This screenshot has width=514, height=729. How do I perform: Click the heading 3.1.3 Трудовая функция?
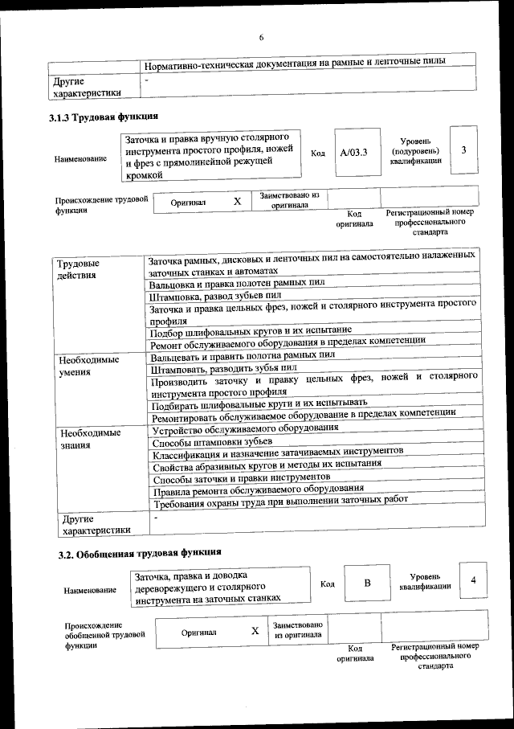click(104, 119)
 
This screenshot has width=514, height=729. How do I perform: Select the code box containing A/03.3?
click(353, 153)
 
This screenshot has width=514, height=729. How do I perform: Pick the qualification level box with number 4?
click(473, 581)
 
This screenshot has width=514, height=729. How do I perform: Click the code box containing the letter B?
click(366, 584)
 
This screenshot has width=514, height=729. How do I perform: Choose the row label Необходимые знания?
click(90, 439)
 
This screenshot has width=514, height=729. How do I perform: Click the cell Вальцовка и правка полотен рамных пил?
click(237, 284)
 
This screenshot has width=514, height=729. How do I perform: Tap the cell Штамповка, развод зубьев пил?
click(219, 297)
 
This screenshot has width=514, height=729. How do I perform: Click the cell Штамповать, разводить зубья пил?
click(223, 367)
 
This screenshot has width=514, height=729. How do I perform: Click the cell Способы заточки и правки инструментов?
click(240, 477)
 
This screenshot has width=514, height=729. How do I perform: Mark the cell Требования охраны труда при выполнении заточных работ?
click(280, 501)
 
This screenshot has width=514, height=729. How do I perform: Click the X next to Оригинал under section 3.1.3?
click(237, 202)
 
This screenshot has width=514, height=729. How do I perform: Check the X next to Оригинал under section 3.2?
click(255, 631)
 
